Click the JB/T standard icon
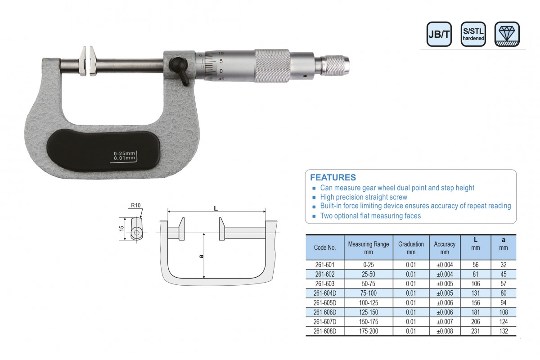point(439,34)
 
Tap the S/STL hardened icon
point(473,34)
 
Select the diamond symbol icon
point(507,34)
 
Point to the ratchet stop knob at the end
point(335,65)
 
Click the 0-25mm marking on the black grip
point(124,153)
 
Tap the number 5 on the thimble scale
point(221,61)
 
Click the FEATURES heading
point(333,177)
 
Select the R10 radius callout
point(136,206)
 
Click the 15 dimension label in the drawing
point(121,228)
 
